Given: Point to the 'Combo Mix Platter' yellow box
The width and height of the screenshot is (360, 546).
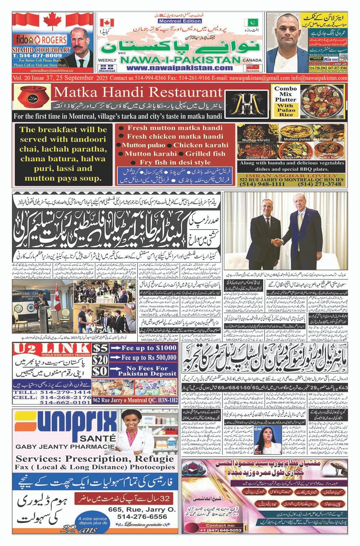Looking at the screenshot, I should coord(285,101).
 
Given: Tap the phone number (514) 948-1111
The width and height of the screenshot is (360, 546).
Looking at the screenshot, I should coord(255,184).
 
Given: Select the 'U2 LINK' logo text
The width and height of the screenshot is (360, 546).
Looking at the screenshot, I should coord(51,348).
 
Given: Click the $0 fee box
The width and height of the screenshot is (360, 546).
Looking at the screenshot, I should coord(100,371).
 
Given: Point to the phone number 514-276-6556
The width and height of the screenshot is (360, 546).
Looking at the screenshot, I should coord(142,516).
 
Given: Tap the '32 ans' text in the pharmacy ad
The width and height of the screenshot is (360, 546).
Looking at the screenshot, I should coord(79,529).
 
